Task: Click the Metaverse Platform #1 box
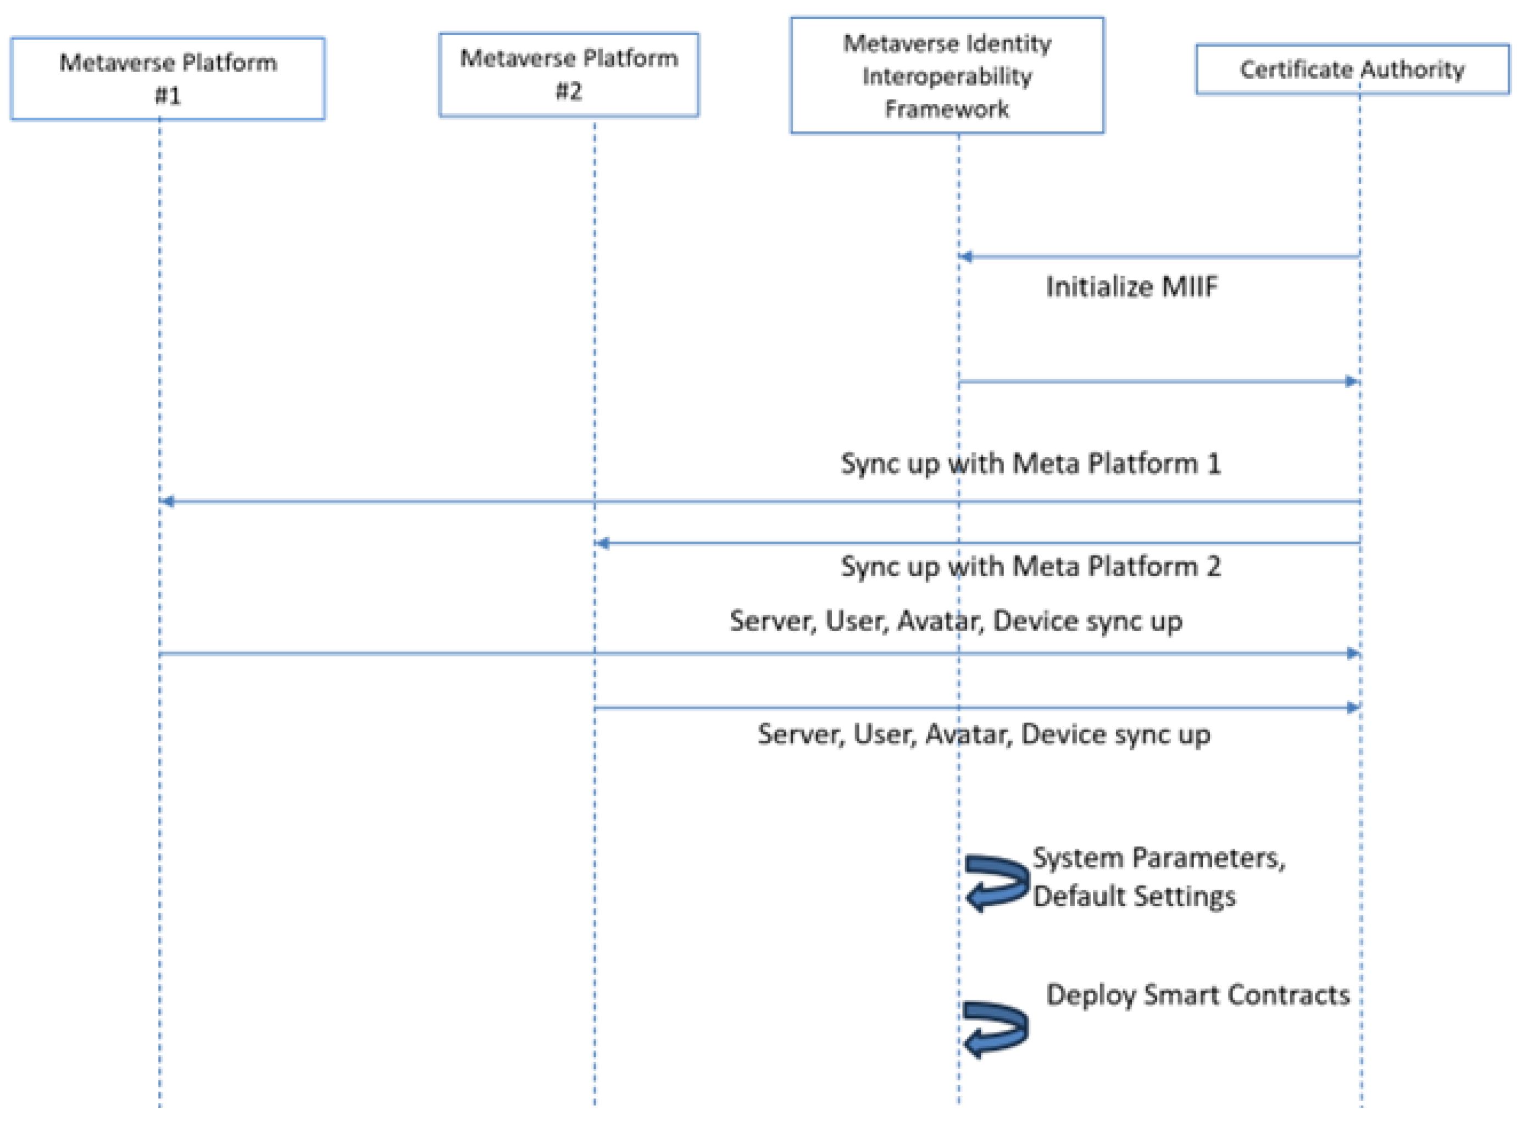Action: pyautogui.click(x=167, y=79)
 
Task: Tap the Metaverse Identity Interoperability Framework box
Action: pyautogui.click(x=946, y=75)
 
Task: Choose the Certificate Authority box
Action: pyautogui.click(x=1351, y=69)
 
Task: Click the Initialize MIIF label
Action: pyautogui.click(x=1131, y=287)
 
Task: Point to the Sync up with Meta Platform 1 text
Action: pyautogui.click(x=1030, y=463)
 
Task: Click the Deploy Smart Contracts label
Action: pyautogui.click(x=1197, y=995)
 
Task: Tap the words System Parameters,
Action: pyautogui.click(x=1158, y=858)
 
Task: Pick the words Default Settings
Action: pyautogui.click(x=1134, y=896)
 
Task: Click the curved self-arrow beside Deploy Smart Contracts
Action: pyautogui.click(x=995, y=1029)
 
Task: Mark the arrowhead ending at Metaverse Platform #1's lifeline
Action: pyautogui.click(x=167, y=501)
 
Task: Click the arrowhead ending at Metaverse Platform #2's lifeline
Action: pyautogui.click(x=602, y=543)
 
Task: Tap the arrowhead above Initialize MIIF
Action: pyautogui.click(x=965, y=257)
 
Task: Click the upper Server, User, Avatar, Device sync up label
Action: pyautogui.click(x=955, y=621)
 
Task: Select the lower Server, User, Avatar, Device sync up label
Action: pyautogui.click(x=983, y=734)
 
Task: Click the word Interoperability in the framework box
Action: pyautogui.click(x=946, y=76)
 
